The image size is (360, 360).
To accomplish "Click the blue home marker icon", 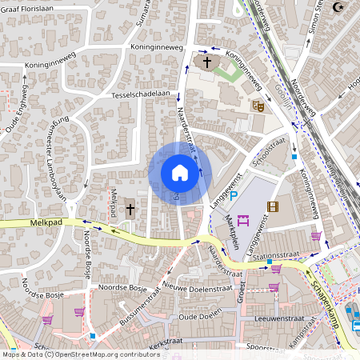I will (x=180, y=173).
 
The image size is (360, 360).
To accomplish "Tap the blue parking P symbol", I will (x=234, y=196).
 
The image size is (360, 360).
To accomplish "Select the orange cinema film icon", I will (x=274, y=207).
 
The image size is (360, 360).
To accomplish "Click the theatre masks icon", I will (x=258, y=106).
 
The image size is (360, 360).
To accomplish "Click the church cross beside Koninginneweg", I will (x=207, y=62).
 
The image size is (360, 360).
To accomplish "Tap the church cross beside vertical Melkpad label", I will (x=130, y=210).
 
